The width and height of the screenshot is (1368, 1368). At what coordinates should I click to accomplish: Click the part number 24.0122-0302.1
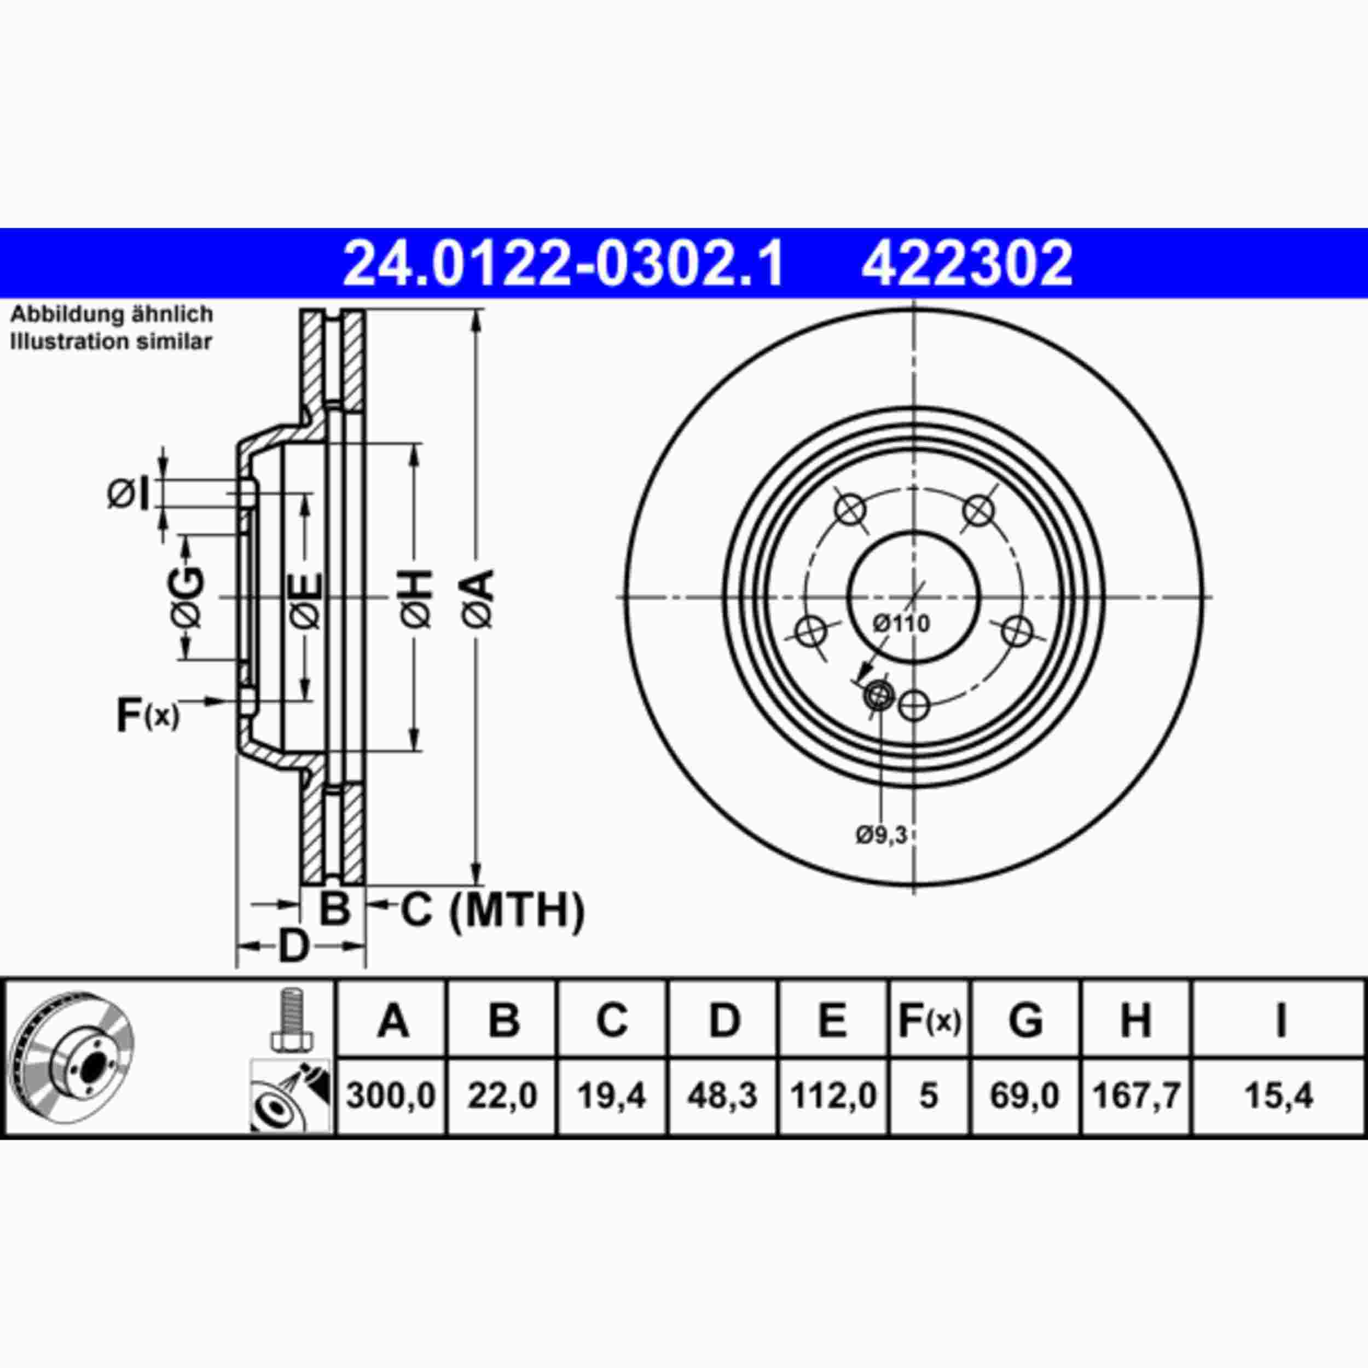point(563,263)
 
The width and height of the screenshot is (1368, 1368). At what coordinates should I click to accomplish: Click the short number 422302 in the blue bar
point(966,263)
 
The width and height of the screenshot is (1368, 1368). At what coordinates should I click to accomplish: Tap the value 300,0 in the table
point(391,1096)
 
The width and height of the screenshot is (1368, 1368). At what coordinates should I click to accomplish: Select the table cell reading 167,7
point(1136,1096)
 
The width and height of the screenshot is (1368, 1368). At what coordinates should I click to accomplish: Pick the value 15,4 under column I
point(1279,1096)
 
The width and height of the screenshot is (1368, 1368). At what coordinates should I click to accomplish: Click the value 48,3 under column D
point(722,1096)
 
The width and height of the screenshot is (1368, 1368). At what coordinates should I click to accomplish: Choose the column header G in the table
point(1025,1021)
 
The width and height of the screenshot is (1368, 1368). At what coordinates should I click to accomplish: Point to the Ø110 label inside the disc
point(901,624)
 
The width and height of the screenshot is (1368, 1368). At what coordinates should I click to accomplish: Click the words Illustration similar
point(111,341)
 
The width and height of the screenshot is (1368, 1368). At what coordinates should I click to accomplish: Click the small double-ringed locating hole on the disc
point(878,695)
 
